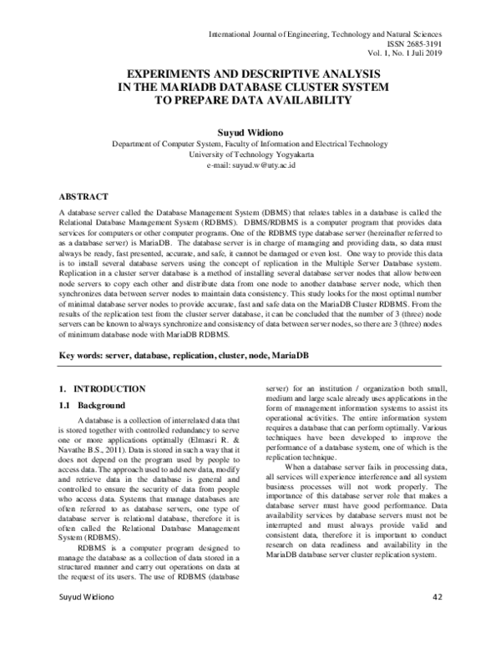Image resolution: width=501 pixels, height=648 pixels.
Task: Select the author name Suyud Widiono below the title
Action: (x=250, y=132)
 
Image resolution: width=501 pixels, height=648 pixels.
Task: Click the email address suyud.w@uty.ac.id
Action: (x=250, y=166)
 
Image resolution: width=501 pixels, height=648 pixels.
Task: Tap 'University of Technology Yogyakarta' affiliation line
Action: (x=250, y=154)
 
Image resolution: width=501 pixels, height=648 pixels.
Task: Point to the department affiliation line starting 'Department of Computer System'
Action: (x=250, y=144)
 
